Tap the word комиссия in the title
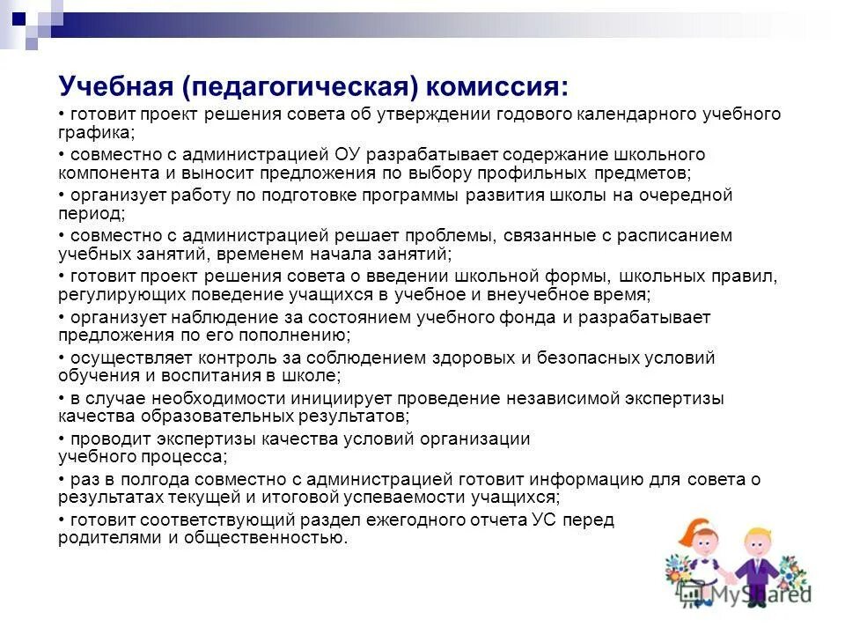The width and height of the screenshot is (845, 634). (x=499, y=86)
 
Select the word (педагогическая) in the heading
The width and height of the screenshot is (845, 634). (x=299, y=86)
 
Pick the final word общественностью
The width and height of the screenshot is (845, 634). (x=265, y=538)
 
